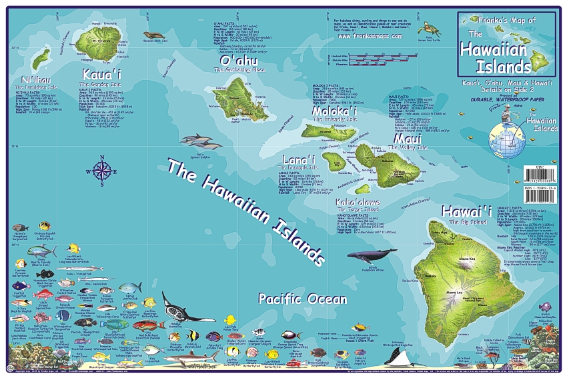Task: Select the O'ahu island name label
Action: [235, 61]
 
